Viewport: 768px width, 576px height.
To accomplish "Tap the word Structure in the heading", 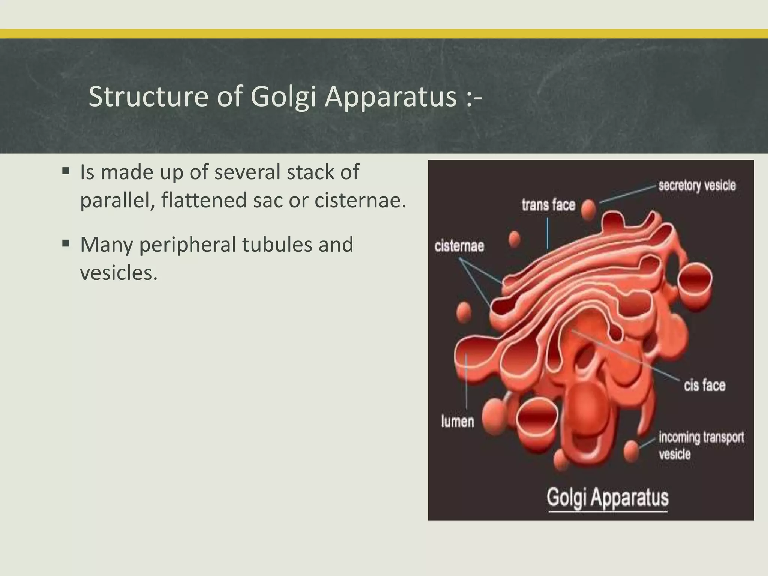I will point(148,97).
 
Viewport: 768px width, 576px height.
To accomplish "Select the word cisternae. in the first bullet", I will point(360,200).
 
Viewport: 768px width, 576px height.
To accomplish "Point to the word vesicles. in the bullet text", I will point(118,273).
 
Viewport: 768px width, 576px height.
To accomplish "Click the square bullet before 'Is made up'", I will point(66,172).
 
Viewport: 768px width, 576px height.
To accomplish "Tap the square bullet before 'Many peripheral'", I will point(66,244).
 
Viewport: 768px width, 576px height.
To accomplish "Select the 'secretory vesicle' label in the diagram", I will point(697,186).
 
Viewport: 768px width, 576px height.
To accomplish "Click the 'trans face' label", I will point(548,205).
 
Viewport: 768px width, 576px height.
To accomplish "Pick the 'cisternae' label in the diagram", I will point(459,246).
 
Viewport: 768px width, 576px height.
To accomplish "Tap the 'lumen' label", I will point(457,421).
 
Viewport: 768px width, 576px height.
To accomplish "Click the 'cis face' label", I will point(704,385).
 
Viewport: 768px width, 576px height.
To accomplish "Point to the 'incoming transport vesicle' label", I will point(701,445).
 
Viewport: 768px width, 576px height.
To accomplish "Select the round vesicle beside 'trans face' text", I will point(588,210).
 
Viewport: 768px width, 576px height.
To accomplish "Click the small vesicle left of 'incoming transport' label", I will point(631,451).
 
